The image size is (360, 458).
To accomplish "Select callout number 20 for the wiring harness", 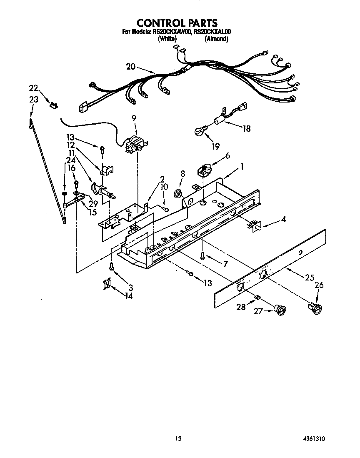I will [x=130, y=67].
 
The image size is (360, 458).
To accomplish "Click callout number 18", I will [x=246, y=128].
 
